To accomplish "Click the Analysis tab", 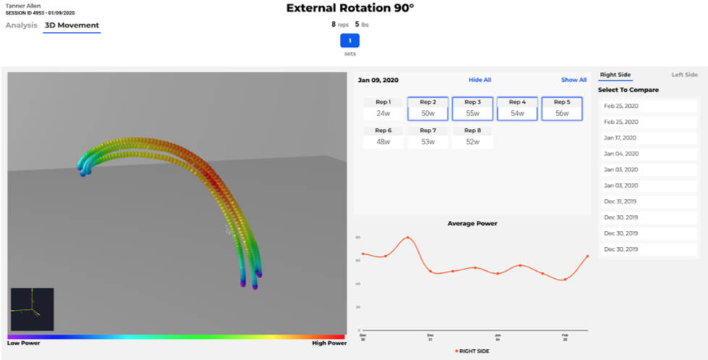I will [22, 25].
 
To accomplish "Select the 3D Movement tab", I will [72, 25].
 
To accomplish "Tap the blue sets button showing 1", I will [350, 41].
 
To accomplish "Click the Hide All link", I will [480, 80].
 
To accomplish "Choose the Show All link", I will [574, 80].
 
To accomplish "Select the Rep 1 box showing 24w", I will [383, 109].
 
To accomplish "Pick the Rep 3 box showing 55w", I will [472, 109].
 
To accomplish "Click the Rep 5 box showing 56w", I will [562, 109].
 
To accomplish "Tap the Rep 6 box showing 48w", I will [383, 137].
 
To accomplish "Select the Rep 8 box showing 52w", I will [472, 137].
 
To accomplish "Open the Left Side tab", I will [684, 75].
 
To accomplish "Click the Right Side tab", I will [615, 75].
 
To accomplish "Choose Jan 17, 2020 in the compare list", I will [622, 138].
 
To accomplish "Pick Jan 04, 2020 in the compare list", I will [622, 154].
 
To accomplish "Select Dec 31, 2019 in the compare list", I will [622, 201].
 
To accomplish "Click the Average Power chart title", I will [472, 223].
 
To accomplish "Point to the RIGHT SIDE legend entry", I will [474, 351].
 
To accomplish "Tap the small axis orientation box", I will [32, 309].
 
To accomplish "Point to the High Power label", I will [327, 343].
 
